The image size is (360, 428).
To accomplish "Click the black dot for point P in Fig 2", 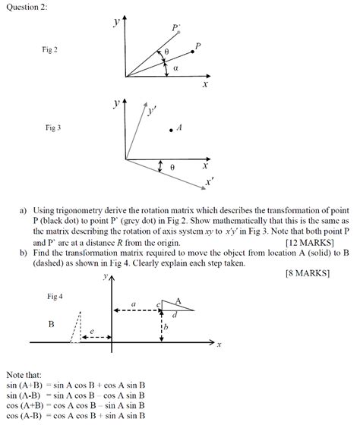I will pyautogui.click(x=191, y=52).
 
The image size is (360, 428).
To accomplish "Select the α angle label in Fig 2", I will pyautogui.click(x=175, y=68).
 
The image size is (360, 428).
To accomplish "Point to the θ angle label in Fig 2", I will pyautogui.click(x=166, y=52).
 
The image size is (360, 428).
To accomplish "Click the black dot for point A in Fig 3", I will pyautogui.click(x=171, y=130).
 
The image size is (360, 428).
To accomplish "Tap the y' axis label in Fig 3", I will pyautogui.click(x=152, y=111).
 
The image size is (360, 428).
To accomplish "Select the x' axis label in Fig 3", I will pyautogui.click(x=210, y=182).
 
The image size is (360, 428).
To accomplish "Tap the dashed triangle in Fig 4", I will pyautogui.click(x=76, y=329).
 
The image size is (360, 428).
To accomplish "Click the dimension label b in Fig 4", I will pyautogui.click(x=166, y=326).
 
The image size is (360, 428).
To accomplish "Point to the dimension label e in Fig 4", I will pyautogui.click(x=92, y=332).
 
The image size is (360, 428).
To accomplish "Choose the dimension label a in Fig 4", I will pyautogui.click(x=134, y=304).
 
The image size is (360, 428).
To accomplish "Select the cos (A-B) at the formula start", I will pyautogui.click(x=23, y=415).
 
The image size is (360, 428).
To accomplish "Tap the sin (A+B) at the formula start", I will pyautogui.click(x=23, y=386).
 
